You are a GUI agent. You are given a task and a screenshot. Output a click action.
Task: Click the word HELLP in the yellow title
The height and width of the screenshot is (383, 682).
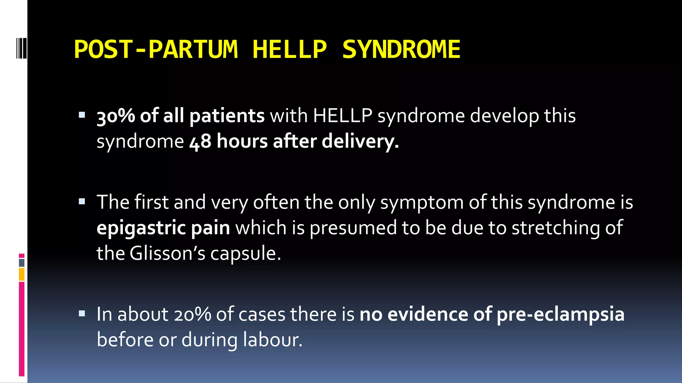(289, 49)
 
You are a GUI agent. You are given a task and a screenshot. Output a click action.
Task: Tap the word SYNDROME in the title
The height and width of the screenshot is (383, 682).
(401, 49)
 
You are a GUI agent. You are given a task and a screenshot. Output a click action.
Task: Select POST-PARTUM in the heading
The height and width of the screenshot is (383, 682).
(156, 49)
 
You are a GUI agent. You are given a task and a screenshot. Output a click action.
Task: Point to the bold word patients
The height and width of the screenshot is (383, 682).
(227, 116)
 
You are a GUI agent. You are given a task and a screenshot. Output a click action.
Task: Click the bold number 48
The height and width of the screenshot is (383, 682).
(200, 141)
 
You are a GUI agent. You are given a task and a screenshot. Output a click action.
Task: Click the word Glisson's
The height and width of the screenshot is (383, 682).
(167, 253)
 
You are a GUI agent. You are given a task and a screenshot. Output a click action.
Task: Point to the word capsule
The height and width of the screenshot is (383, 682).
(245, 254)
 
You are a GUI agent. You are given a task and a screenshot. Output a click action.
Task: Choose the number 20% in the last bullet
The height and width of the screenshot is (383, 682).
(192, 314)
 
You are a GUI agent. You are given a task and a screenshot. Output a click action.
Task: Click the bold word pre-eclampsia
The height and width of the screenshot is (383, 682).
(560, 315)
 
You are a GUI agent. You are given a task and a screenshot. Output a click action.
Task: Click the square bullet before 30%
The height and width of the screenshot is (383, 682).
(82, 115)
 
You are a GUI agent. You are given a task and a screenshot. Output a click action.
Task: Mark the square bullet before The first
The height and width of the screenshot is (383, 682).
(82, 201)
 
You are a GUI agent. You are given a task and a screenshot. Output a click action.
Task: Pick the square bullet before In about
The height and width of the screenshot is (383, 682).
(82, 314)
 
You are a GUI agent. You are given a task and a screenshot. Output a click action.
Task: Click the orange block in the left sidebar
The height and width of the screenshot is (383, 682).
(22, 274)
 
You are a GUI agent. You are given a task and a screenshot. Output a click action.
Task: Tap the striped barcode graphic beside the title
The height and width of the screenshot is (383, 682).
(21, 49)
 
